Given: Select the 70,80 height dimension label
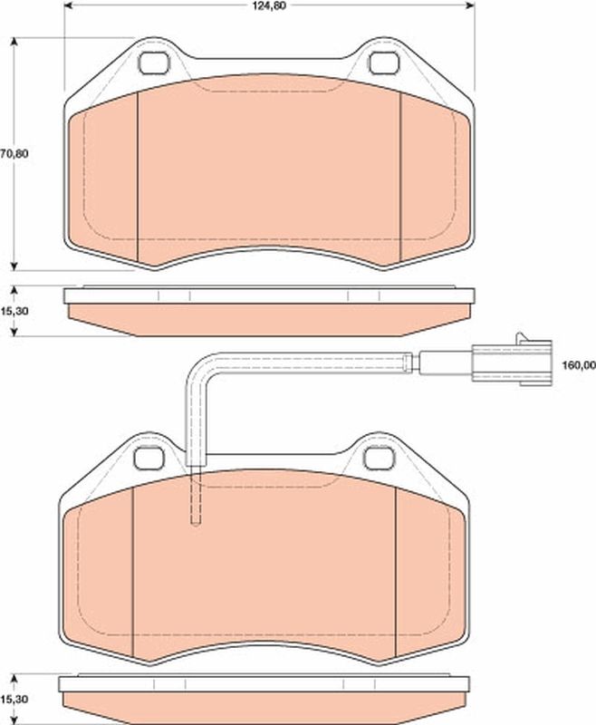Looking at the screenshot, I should [14, 153].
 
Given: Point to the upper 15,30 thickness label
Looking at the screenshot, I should [14, 310].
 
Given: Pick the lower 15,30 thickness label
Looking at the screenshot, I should [14, 700].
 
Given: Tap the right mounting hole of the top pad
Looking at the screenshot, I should [383, 64].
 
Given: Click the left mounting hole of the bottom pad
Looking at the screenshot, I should [146, 459].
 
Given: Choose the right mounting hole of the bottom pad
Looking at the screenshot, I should [377, 459].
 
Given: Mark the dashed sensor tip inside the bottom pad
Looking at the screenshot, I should [196, 498].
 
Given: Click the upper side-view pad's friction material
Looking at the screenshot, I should [268, 317].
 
